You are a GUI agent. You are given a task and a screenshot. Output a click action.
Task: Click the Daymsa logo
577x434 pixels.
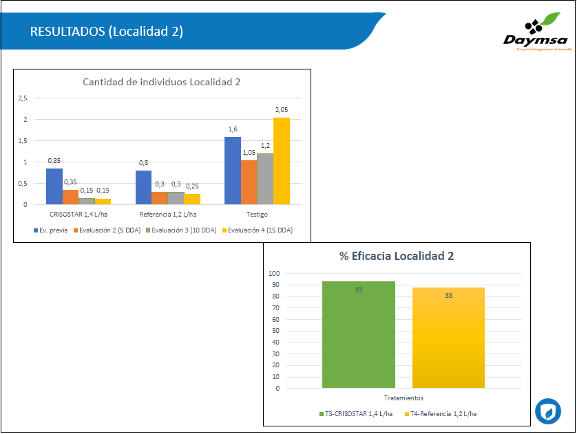click(x=534, y=33)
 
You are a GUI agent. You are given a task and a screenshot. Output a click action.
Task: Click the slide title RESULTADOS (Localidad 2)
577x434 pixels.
click(x=107, y=32)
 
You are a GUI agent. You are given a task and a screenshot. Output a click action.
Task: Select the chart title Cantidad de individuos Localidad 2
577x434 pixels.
click(x=162, y=82)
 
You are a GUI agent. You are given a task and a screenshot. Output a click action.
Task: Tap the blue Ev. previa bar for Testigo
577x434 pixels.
click(x=233, y=170)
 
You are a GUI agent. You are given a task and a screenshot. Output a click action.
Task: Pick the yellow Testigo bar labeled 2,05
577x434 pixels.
click(x=281, y=161)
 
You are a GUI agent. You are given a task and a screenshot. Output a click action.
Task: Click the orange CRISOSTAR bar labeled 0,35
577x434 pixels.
click(x=70, y=197)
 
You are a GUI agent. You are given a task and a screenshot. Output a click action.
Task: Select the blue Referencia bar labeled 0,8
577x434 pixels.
click(x=143, y=187)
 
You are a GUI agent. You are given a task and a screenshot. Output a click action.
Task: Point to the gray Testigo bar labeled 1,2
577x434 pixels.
click(x=265, y=179)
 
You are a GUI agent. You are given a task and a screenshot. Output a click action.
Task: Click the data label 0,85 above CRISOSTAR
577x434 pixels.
click(x=54, y=160)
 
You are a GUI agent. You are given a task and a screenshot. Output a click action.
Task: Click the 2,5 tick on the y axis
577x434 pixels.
click(x=23, y=98)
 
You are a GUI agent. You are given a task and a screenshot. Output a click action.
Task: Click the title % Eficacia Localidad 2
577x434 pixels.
click(x=397, y=256)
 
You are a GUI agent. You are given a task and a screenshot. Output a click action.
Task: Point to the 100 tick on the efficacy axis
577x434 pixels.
click(x=274, y=273)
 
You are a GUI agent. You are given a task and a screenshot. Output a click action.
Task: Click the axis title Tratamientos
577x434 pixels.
click(x=403, y=398)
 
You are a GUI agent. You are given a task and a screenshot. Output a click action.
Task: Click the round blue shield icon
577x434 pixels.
click(x=548, y=411)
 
